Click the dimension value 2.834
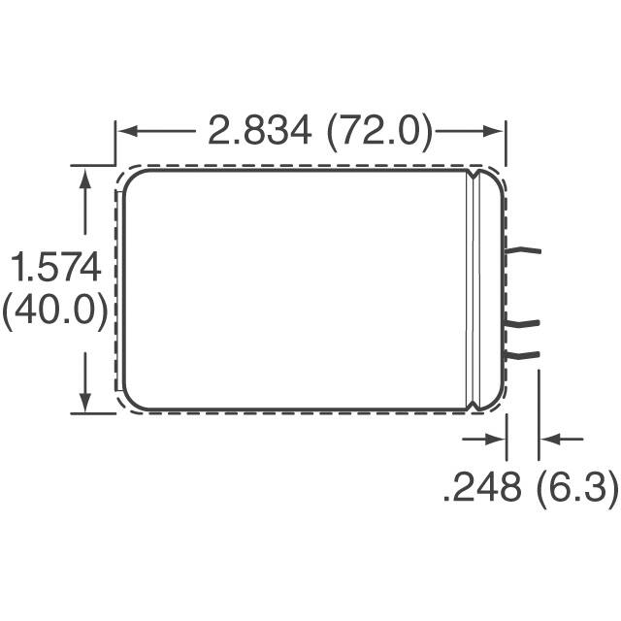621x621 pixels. pos(260,130)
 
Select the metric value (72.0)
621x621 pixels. pos(379,132)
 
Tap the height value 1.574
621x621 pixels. pos(55,268)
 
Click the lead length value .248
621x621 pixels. pos(482,487)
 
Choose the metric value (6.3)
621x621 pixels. pos(577,487)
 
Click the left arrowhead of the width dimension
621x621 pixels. pos(127,131)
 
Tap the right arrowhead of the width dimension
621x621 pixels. pos(493,131)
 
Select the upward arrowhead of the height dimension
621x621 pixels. pos(84,179)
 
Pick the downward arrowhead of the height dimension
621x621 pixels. pos(84,402)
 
